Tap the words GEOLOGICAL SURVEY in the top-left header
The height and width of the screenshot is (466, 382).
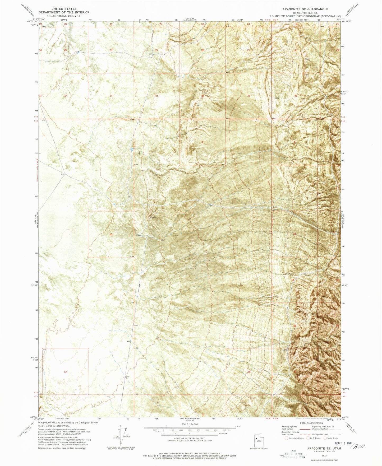click(64, 16)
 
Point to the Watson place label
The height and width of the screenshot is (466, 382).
click(153, 217)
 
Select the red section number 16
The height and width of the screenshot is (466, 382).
click(111, 234)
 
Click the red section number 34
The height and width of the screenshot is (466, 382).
click(157, 96)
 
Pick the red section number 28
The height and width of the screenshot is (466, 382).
click(111, 50)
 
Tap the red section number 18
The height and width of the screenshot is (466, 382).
click(295, 234)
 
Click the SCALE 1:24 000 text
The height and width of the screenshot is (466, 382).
click(189, 431)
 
